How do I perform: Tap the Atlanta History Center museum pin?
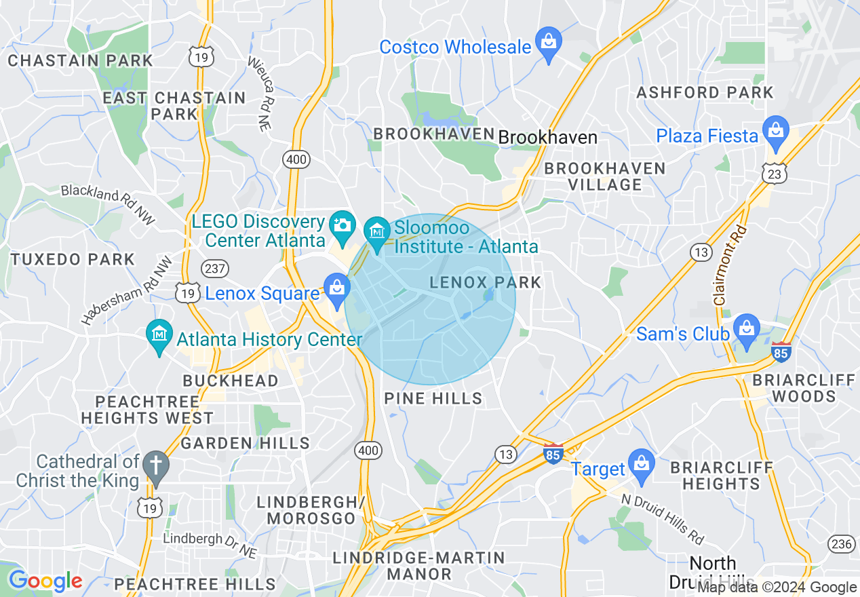point(159,335)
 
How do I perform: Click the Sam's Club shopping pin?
point(746,330)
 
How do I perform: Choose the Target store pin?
point(641,465)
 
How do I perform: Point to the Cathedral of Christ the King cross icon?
point(157,468)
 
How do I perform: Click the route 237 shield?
point(215,268)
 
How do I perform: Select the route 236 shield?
point(840,543)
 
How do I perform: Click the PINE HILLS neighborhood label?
point(433,398)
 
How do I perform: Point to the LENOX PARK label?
point(486,282)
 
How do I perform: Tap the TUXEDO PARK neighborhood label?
point(73,259)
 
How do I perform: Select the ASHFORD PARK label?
point(705,92)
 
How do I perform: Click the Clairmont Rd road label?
point(730,265)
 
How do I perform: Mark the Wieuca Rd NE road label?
point(258,93)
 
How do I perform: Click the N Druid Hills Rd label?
point(663,518)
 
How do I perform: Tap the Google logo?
point(45,581)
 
